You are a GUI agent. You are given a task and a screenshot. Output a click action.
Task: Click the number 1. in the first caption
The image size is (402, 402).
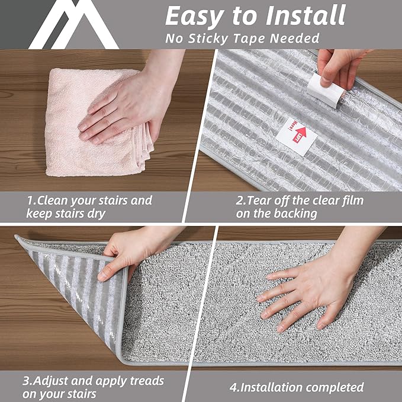coord(31,201)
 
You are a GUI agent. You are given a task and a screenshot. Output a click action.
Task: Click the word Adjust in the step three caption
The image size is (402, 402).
coord(54,381)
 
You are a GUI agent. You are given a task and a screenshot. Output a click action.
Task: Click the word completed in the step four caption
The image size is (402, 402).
coord(336,388)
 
